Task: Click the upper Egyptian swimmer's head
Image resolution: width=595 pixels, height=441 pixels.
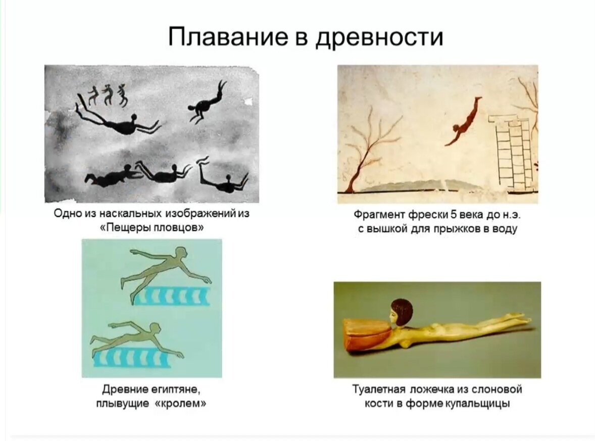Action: [x=181, y=253]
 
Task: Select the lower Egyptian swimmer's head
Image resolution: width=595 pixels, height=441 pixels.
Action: [x=155, y=329]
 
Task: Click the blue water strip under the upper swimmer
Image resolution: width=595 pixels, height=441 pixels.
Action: [x=173, y=296]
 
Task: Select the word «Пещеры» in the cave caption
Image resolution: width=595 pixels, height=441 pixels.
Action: [x=124, y=228]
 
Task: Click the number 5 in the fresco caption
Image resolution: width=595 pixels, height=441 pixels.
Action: [x=453, y=215]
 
